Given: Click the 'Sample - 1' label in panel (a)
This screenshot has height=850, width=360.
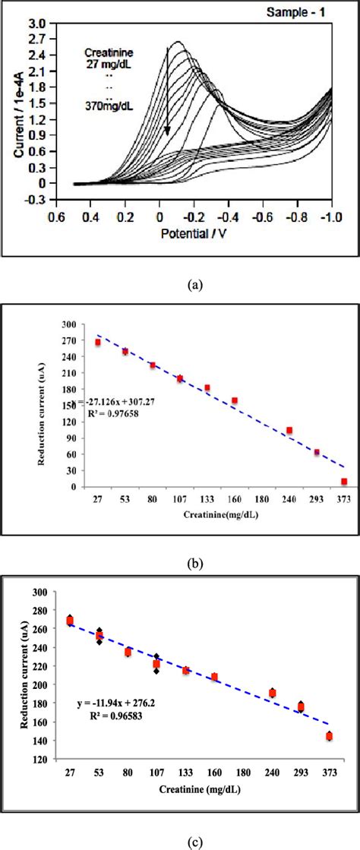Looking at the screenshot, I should [305, 13].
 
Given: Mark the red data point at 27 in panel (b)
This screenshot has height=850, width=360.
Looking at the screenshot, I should [97, 343].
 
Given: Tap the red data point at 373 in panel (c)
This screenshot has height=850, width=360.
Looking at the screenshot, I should [329, 736].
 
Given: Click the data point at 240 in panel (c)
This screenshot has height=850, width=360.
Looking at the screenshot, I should [272, 693].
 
